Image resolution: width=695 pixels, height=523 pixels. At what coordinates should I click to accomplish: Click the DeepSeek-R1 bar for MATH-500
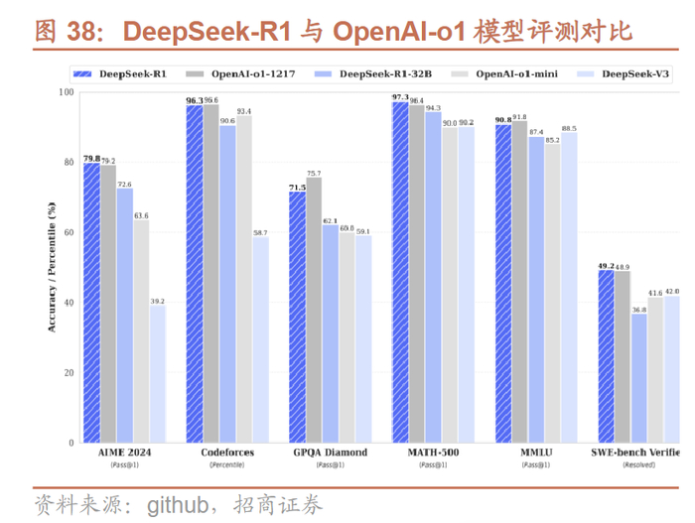(400, 272)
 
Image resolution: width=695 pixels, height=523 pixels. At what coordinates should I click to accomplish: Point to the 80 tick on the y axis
(68, 162)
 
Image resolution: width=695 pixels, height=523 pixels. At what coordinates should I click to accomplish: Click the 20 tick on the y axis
(68, 372)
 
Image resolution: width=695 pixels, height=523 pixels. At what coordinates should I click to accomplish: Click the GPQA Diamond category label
(329, 453)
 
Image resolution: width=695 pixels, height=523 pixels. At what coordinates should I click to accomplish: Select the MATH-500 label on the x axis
(433, 453)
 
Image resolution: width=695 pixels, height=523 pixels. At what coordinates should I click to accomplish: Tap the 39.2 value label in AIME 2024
(157, 301)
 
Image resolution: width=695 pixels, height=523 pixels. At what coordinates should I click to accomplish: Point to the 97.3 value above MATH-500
(400, 97)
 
